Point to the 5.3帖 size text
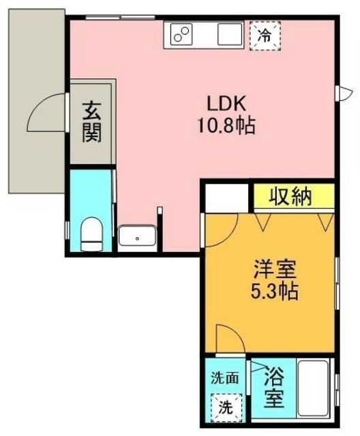tap(272, 292)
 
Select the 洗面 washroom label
tap(224, 377)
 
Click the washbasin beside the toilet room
tap(138, 238)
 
